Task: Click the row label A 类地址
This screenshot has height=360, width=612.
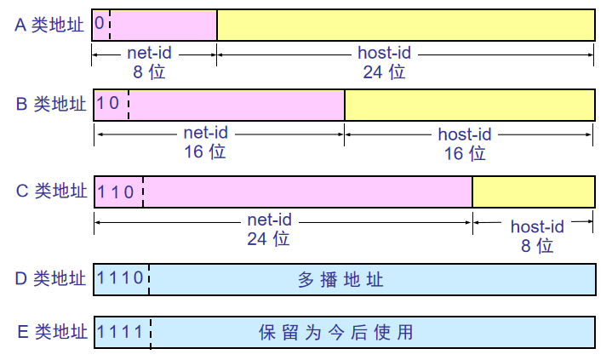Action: tap(49, 25)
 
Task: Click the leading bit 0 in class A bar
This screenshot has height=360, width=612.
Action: tap(100, 24)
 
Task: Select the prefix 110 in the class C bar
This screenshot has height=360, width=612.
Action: tap(117, 191)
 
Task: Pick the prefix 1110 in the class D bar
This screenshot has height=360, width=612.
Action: tap(121, 278)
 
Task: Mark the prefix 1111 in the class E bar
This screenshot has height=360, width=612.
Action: tap(121, 331)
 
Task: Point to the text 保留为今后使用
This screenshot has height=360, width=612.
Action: tap(335, 332)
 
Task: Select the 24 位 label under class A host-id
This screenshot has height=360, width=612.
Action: tap(384, 71)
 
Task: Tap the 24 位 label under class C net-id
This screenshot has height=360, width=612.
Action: tap(269, 239)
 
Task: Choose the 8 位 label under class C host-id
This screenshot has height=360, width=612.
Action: tap(536, 246)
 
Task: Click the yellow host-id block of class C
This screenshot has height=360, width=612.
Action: tap(534, 191)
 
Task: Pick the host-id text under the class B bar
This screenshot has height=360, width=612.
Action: tap(465, 134)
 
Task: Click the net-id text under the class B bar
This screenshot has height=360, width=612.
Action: tap(206, 134)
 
